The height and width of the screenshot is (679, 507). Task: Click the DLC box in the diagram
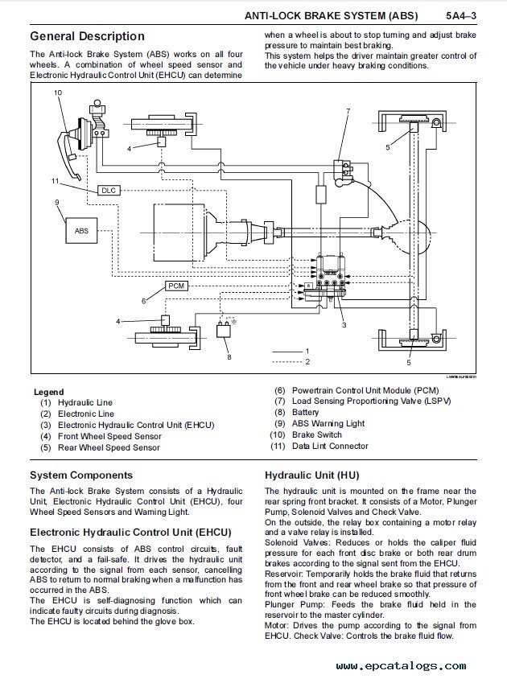click(109, 191)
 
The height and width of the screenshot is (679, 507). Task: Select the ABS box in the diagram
click(81, 230)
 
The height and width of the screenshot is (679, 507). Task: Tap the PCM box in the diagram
click(176, 286)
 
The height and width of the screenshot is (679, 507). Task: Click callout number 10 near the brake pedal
click(57, 93)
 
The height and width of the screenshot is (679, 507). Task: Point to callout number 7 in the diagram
click(348, 110)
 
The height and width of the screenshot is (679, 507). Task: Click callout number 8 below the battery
click(229, 356)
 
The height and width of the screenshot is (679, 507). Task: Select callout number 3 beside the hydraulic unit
click(344, 325)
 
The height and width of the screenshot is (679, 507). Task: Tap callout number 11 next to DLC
click(56, 179)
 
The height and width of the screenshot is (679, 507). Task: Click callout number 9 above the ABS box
click(56, 203)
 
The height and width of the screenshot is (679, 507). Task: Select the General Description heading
click(87, 36)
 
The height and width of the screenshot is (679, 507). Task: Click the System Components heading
click(81, 475)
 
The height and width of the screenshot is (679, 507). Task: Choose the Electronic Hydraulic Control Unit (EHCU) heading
click(130, 533)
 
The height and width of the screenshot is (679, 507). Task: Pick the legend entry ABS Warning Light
click(328, 423)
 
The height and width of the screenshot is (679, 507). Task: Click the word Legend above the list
click(48, 391)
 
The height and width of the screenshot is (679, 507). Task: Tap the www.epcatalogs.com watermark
click(401, 665)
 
